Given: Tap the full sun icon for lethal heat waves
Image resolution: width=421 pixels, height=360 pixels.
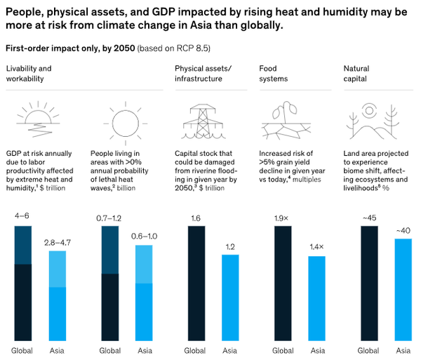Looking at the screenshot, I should coord(124,120).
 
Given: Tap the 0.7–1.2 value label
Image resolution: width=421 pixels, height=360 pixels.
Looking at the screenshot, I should coord(109,218).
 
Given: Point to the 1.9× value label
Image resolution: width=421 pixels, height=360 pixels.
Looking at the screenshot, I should coord(282,218).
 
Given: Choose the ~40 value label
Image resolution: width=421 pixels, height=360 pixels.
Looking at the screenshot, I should coord(403,230).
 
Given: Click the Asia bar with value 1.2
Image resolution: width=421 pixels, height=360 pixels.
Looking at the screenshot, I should coord(231,298).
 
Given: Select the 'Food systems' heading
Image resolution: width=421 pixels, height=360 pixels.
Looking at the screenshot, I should coord(274,73).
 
